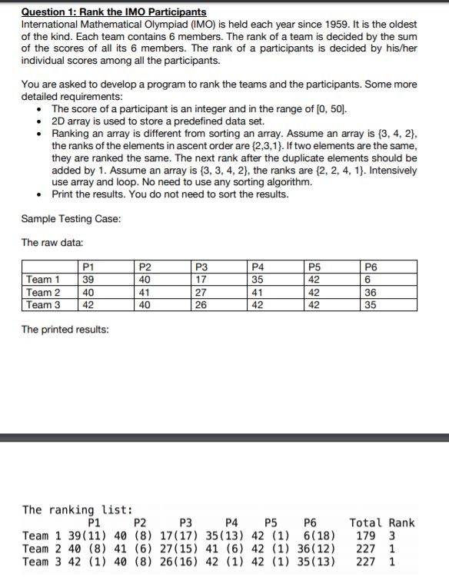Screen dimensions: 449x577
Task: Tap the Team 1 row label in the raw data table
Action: coord(42,280)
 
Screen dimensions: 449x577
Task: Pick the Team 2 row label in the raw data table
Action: coord(42,292)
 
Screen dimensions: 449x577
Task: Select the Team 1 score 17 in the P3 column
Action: coord(200,280)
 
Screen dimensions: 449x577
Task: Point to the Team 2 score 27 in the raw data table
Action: coord(200,292)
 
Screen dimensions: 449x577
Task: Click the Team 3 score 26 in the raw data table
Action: coord(200,304)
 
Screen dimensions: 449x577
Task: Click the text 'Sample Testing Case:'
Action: coord(71,219)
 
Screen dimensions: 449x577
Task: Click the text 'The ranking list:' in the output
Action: coord(78,509)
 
